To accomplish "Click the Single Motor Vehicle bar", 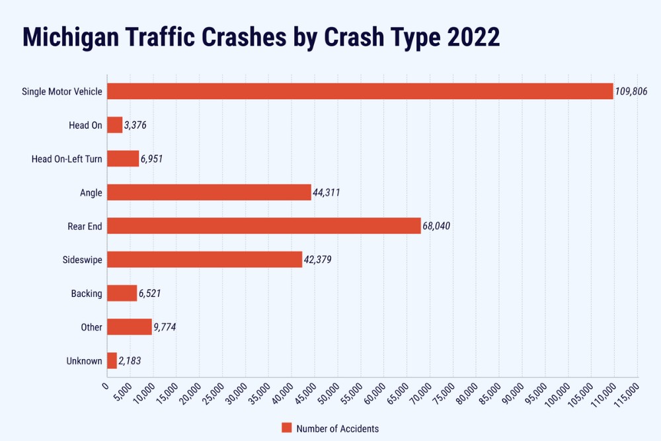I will (360, 91).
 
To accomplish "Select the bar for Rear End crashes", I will (264, 226).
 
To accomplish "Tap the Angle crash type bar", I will (209, 192).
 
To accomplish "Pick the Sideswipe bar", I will (204, 260).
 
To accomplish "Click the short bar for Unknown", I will (112, 361).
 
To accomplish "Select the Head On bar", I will (114, 125).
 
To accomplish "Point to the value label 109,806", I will (631, 92).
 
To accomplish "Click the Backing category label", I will (87, 294).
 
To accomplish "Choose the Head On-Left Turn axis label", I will (67, 159).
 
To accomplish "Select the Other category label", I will (92, 327).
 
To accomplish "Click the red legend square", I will (286, 428).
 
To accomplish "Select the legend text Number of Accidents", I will (338, 428).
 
